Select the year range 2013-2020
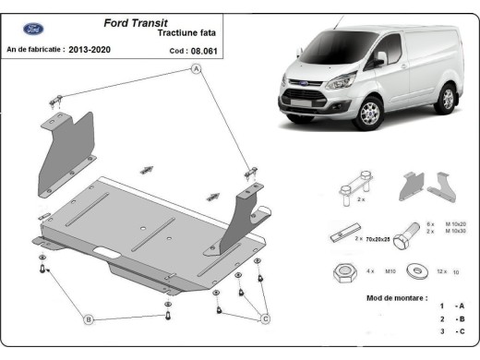[x=99, y=49]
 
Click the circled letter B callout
[x=90, y=319]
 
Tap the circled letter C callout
[x=265, y=319]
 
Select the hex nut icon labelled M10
[x=340, y=272]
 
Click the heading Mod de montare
[x=397, y=299]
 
